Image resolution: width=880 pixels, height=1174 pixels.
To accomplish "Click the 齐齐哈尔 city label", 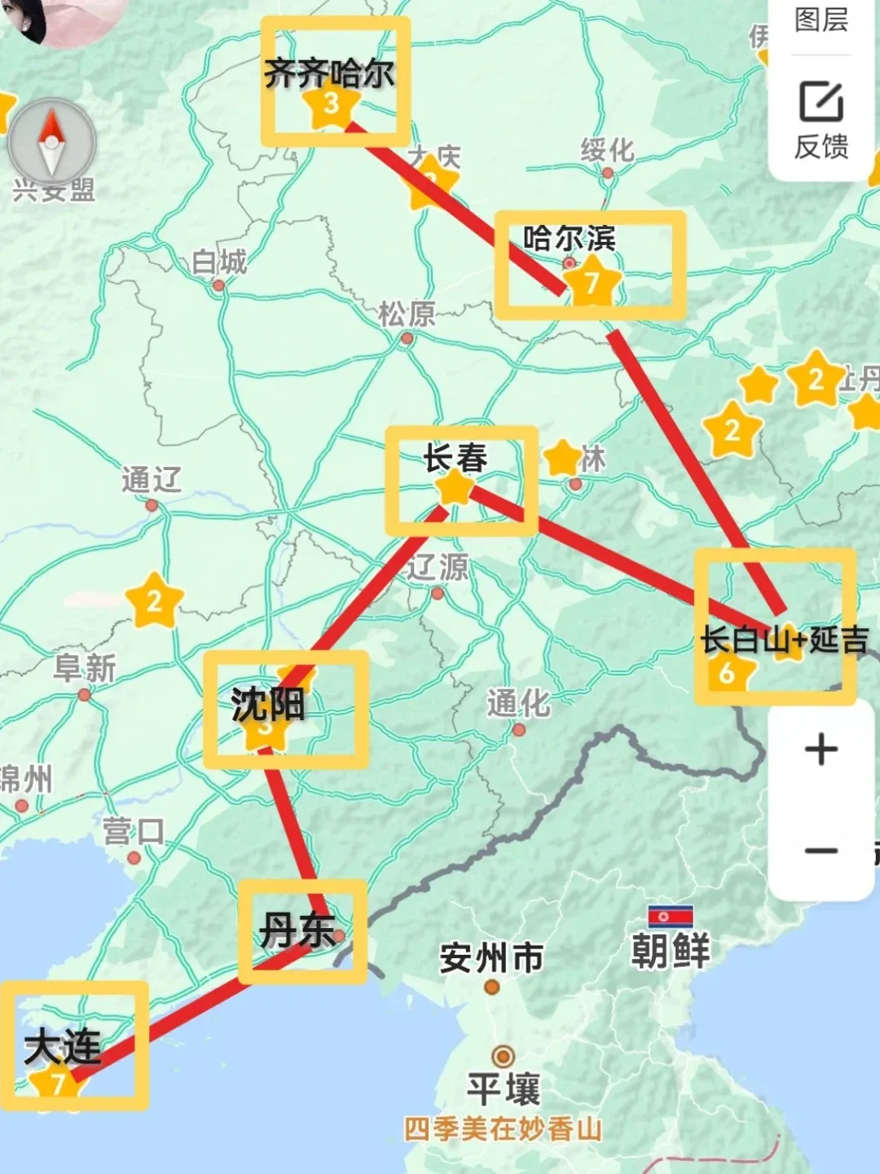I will point(329,74).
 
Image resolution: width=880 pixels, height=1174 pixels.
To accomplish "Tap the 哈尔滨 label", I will point(569,239).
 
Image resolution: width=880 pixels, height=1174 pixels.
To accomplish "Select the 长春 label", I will point(455,458).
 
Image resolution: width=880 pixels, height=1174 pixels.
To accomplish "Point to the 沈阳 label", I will point(267,704).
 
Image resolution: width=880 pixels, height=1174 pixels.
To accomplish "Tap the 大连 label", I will point(63,1046).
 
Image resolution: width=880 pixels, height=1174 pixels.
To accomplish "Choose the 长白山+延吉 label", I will point(784,640).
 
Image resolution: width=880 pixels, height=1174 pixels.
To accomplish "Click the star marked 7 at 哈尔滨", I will point(592,282).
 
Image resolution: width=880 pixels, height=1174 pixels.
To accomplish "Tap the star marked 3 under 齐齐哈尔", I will point(331,105).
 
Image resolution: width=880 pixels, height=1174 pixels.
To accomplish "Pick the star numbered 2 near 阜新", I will point(154,602).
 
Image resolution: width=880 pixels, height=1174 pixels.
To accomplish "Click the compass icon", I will point(51,143).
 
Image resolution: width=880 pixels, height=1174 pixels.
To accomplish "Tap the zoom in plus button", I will point(821,750).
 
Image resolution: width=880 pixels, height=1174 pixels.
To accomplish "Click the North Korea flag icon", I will point(670,917).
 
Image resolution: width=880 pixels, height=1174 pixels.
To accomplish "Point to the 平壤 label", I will point(503,1088).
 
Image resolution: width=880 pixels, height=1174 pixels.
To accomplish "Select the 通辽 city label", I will point(152,480).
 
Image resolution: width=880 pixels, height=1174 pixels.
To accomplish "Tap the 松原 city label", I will point(407,314).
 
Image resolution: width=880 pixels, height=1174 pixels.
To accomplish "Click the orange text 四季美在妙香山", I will point(503,1129).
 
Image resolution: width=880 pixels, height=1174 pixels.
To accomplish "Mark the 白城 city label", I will point(218,262).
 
